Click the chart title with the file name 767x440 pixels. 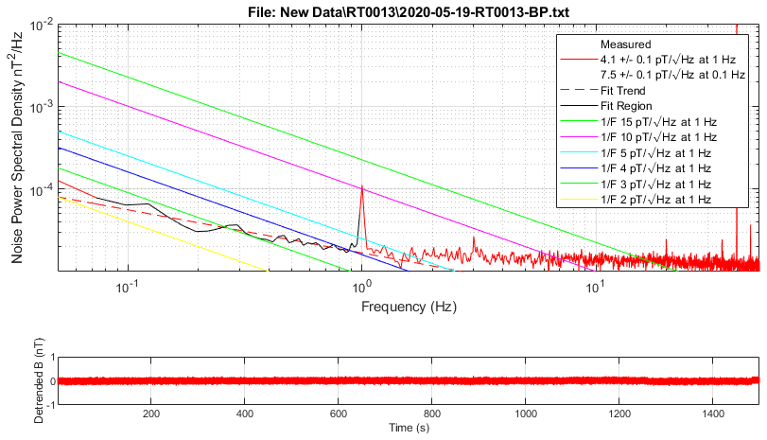[408, 9]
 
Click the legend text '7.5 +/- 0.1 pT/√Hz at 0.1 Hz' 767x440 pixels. [672, 74]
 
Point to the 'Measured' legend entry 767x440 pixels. [625, 44]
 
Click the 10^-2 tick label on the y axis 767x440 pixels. [39, 26]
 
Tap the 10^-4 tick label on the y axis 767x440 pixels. [39, 191]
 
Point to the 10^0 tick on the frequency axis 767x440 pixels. [361, 288]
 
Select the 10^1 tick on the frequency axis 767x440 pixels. [594, 288]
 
